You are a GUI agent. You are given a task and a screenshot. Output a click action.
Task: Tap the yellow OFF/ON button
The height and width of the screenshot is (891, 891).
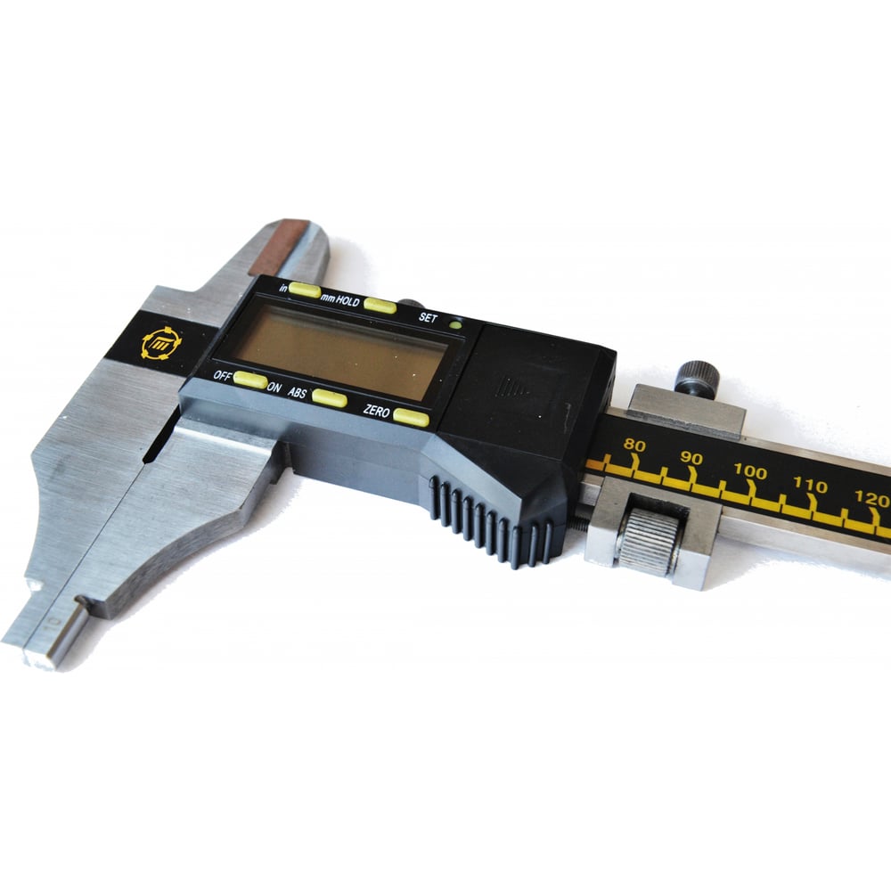click(250, 380)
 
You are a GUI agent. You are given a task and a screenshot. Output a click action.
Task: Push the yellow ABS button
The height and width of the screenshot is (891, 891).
click(330, 398)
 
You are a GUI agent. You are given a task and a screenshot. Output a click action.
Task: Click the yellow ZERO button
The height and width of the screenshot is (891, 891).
click(412, 418)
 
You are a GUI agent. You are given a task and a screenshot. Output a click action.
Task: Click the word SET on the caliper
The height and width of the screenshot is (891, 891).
click(428, 318)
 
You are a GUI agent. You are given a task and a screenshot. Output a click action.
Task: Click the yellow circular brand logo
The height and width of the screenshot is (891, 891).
click(161, 344)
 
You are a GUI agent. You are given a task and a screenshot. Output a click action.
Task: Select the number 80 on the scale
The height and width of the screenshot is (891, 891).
click(634, 445)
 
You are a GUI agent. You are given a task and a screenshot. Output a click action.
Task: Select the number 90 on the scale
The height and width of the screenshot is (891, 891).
click(691, 458)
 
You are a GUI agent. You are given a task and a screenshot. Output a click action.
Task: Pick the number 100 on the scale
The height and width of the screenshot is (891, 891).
click(750, 471)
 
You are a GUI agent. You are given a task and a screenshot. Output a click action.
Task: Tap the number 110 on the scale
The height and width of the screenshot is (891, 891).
click(810, 486)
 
